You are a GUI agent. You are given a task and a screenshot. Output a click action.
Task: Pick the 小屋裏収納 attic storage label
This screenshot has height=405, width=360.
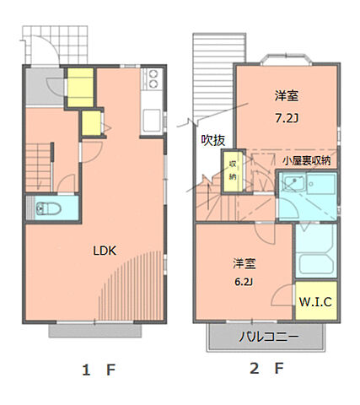tap(306, 159)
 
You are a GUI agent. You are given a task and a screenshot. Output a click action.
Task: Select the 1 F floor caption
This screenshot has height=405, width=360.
tap(99, 370)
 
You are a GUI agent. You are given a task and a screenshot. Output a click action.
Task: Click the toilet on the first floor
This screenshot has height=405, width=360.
tap(47, 207)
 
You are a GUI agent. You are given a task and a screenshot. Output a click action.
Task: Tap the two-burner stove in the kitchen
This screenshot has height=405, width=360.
tap(154, 80)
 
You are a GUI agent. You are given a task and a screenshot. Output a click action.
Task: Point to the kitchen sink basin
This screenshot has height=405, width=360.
tap(153, 117)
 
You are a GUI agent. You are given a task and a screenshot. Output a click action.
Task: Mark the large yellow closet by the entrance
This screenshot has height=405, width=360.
tap(80, 85)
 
